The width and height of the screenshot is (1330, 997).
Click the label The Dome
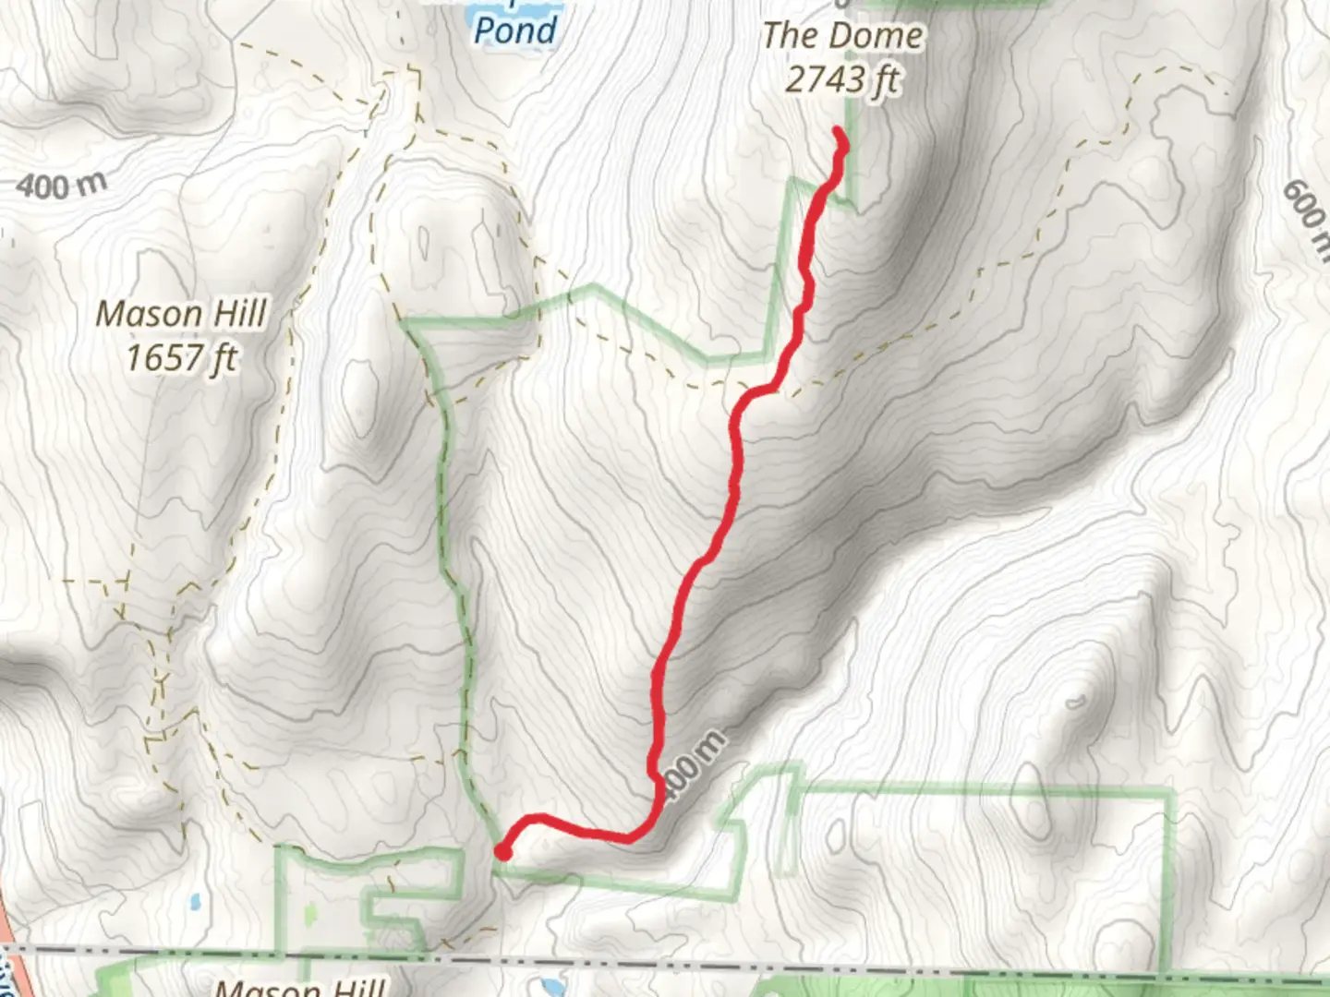pos(842,36)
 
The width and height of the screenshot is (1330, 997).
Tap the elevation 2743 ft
pos(842,80)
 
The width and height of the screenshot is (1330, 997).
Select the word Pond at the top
pos(515,30)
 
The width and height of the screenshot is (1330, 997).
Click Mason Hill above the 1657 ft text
pos(182,314)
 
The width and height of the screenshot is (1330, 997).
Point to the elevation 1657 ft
pos(182,357)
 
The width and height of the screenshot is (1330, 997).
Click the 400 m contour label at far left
pos(61,186)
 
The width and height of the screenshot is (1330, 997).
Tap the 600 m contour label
pos(1305,214)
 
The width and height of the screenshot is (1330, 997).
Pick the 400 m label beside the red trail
pos(695,765)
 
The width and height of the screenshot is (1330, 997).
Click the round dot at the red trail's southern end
pos(503,851)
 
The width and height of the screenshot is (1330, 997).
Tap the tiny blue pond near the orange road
pos(193,900)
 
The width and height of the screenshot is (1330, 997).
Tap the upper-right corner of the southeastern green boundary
pos(1171,792)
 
